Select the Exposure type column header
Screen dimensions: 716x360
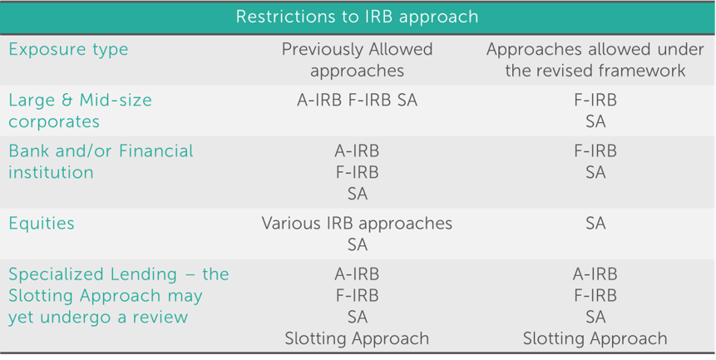tap(68, 50)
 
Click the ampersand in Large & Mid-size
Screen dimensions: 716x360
tap(71, 101)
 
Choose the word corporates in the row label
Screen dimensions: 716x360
tap(54, 122)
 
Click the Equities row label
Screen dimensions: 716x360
tap(42, 224)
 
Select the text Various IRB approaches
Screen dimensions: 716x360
tap(357, 224)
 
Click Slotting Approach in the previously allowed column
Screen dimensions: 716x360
tap(357, 339)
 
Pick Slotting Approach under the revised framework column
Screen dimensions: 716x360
tap(595, 339)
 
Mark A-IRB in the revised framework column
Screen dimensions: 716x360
tap(595, 274)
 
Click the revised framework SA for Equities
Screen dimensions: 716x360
tap(595, 224)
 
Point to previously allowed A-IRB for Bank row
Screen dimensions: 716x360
tap(357, 151)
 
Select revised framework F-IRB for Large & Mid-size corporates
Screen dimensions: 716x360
tap(595, 101)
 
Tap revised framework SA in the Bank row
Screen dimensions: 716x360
tap(595, 172)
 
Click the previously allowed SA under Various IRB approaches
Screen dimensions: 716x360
tap(358, 245)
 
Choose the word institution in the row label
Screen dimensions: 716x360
tap(52, 172)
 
